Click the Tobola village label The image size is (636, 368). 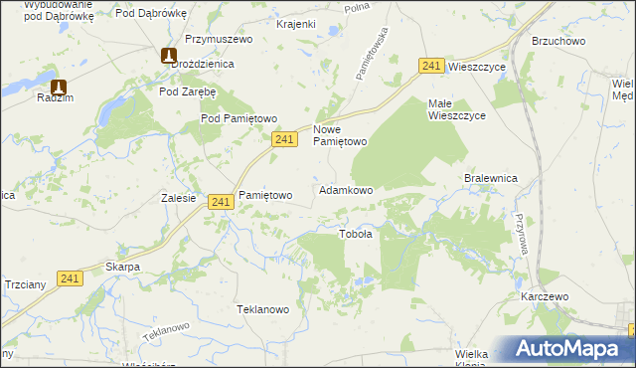pos(356,235)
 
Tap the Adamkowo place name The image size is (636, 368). pos(345,189)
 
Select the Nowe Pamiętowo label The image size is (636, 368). pos(341,135)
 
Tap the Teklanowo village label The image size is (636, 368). pos(262,309)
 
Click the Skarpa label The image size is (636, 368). pos(122,267)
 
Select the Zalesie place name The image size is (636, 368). pos(178,197)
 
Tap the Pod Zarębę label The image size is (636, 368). pos(188,91)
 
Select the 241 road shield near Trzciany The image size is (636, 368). pos(69,278)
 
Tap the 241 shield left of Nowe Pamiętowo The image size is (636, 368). pos(284,140)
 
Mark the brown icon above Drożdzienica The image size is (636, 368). pos(169,56)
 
